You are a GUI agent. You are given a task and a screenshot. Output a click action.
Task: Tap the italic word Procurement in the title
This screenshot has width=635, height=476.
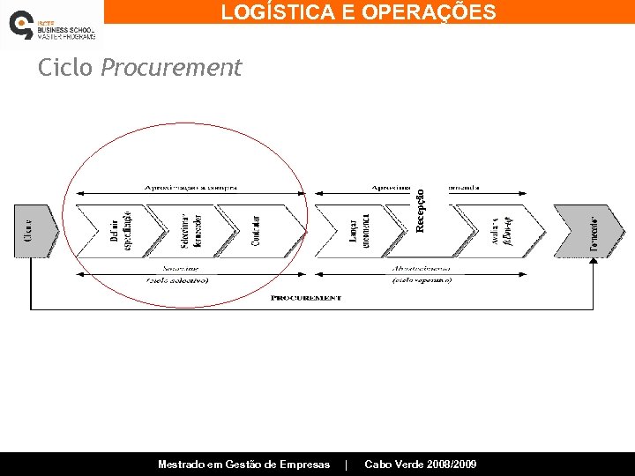[x=171, y=68]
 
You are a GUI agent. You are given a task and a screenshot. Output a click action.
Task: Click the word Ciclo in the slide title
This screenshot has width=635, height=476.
[x=65, y=68]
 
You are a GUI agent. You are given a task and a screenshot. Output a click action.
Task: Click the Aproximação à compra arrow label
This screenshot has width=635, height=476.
[x=190, y=187]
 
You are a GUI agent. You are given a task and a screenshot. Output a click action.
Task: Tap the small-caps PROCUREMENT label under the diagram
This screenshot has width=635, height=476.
[x=305, y=298]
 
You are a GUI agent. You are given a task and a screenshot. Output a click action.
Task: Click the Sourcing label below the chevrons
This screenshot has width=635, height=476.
[x=180, y=267]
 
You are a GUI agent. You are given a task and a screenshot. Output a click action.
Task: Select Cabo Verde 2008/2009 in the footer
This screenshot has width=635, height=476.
[x=421, y=465]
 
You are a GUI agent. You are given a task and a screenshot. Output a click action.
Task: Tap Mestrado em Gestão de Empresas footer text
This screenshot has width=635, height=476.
[x=243, y=465]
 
